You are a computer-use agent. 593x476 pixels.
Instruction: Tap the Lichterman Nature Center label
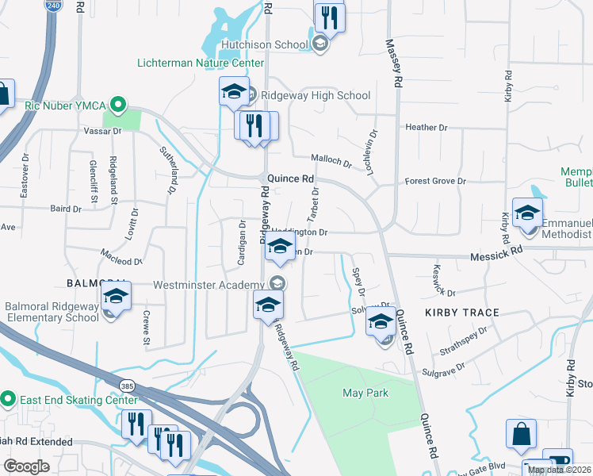(x=201, y=63)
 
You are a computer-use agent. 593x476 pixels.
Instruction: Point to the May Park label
(x=365, y=393)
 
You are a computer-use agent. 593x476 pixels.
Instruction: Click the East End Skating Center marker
(x=8, y=399)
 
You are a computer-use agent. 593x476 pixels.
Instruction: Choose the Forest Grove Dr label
(x=435, y=182)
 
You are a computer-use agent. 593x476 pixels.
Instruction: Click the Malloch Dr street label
(x=331, y=160)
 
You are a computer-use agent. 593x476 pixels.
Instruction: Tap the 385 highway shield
(x=128, y=386)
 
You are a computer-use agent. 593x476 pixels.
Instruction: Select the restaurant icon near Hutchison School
(x=329, y=17)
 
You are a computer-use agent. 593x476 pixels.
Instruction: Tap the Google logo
(x=27, y=466)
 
